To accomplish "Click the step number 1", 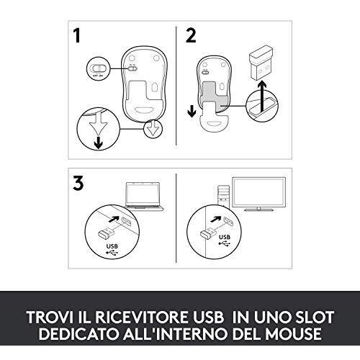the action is pyautogui.click(x=77, y=35).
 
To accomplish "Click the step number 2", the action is pyautogui.click(x=191, y=35).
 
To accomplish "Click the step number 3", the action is pyautogui.click(x=78, y=183).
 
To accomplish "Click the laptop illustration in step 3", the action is pyautogui.click(x=143, y=197).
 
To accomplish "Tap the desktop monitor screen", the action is pyautogui.click(x=259, y=192).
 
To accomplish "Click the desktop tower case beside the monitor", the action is pyautogui.click(x=223, y=197).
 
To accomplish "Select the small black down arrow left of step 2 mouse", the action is pyautogui.click(x=192, y=112).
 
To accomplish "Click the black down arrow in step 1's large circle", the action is pyautogui.click(x=99, y=143).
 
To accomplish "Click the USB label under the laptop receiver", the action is pyautogui.click(x=112, y=246).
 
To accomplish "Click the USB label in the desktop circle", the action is pyautogui.click(x=225, y=237).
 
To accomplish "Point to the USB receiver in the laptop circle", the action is pyautogui.click(x=106, y=233).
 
